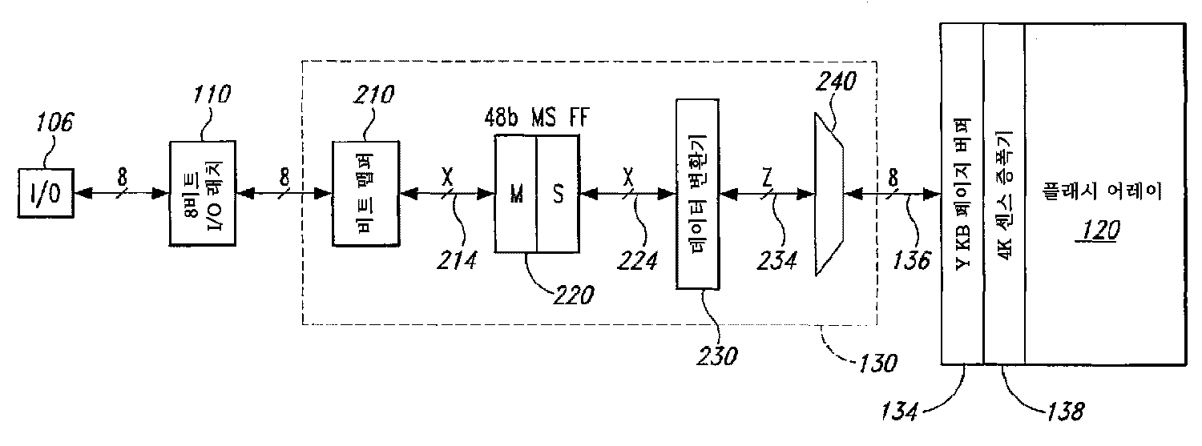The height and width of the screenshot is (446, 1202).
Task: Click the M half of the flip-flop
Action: [515, 193]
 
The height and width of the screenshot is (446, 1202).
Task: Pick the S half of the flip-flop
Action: [556, 193]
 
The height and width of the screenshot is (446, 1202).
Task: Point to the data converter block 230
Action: [698, 193]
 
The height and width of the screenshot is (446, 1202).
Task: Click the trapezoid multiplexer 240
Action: [828, 192]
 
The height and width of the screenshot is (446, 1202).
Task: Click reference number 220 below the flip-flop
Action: [573, 294]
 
